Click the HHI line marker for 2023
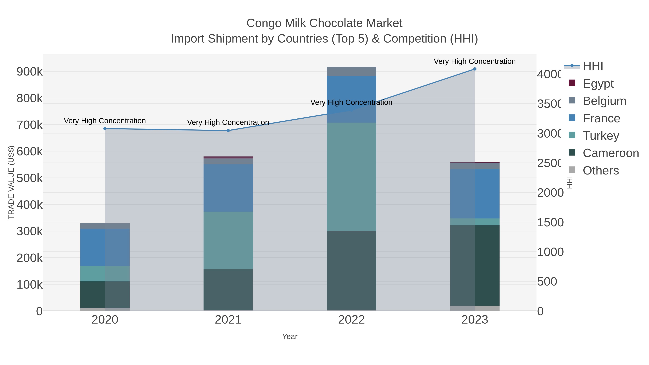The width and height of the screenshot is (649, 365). [475, 69]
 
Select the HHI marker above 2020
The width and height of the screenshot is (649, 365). [105, 129]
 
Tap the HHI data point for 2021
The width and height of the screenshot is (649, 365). [228, 130]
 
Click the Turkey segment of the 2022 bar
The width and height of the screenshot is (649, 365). [352, 177]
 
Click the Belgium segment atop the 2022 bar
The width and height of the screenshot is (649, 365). [352, 71]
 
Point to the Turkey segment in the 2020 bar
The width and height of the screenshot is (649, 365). [105, 274]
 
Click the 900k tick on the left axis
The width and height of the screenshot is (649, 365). [30, 72]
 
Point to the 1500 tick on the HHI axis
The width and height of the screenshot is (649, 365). [550, 222]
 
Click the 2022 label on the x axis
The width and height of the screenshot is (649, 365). [352, 320]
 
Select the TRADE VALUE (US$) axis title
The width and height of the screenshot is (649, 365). [11, 182]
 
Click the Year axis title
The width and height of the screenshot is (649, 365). [290, 337]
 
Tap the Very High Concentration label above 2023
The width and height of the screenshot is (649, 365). [475, 61]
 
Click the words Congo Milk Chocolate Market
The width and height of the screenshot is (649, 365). [324, 23]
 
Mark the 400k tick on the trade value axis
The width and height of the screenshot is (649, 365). [30, 205]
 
